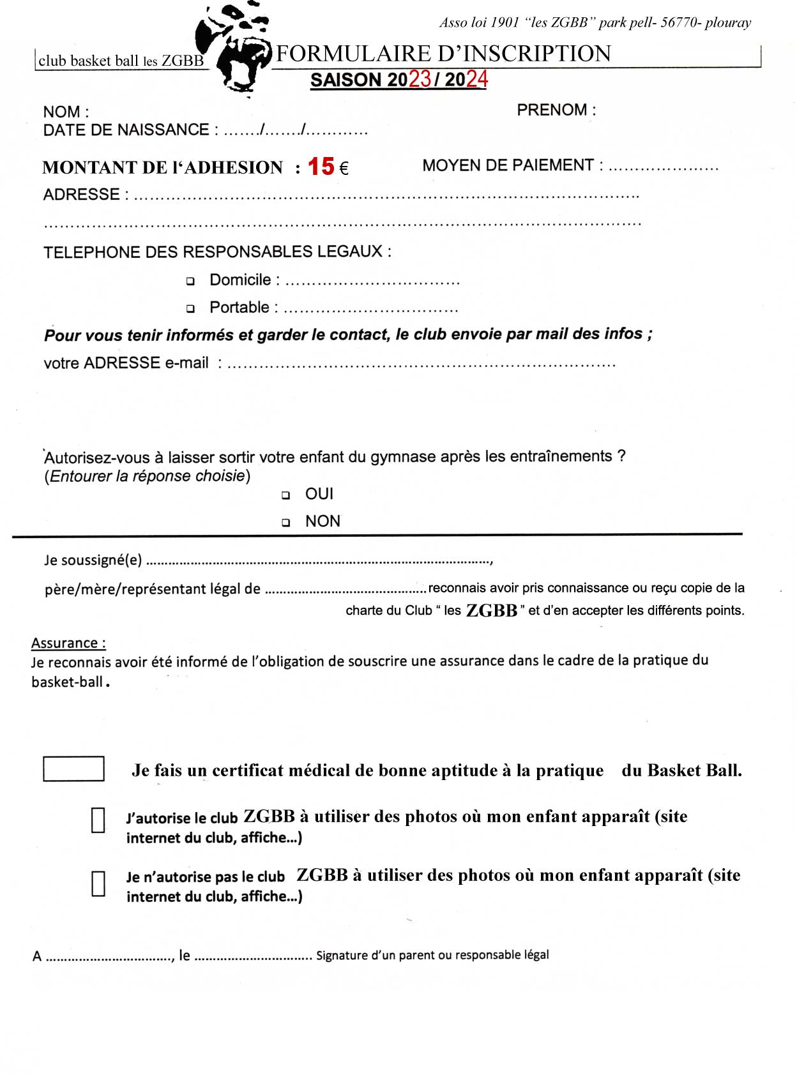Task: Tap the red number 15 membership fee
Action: tap(321, 167)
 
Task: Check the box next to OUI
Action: tap(286, 495)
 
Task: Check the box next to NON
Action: tap(286, 523)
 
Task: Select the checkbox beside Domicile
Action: tap(190, 281)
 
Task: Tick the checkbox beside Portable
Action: tap(190, 309)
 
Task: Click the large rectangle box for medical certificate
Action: tap(73, 769)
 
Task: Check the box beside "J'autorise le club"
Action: tap(98, 820)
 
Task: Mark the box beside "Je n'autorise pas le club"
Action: tap(98, 884)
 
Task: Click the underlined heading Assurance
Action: tap(68, 643)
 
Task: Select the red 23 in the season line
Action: tap(420, 79)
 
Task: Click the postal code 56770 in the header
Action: tap(679, 23)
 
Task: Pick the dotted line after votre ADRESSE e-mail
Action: tap(421, 365)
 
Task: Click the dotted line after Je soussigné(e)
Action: tap(319, 562)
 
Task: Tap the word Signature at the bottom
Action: tap(342, 955)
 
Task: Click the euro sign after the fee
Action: tap(344, 169)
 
